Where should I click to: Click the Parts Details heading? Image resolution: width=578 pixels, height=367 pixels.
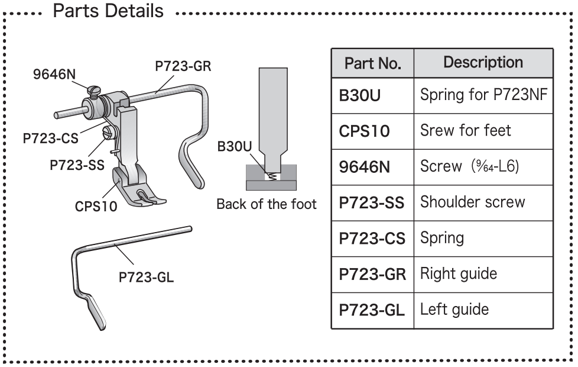click(108, 11)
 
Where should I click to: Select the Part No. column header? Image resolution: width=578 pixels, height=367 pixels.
click(373, 63)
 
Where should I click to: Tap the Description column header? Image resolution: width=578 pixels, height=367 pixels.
click(483, 62)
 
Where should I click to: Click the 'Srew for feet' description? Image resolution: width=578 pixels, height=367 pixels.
click(465, 130)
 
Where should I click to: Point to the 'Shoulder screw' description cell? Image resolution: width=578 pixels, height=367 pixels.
click(472, 202)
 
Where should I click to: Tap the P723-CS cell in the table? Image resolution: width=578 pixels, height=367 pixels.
click(372, 238)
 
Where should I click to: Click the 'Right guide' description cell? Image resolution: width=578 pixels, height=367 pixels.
click(458, 273)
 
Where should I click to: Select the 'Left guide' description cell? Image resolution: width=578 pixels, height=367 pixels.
click(454, 309)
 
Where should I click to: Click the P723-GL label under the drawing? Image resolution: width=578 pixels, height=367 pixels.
click(146, 276)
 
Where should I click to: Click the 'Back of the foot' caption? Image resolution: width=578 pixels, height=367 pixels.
click(266, 205)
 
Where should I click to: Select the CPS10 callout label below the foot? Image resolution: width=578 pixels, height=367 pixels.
click(96, 206)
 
